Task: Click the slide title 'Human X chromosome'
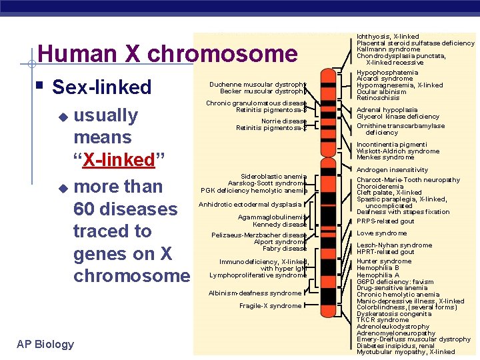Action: pyautogui.click(x=167, y=53)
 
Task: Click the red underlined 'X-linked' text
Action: pyautogui.click(x=119, y=160)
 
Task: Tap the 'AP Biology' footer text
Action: pyautogui.click(x=45, y=344)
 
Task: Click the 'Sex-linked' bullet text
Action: pyautogui.click(x=101, y=87)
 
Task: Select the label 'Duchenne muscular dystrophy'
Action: pyautogui.click(x=257, y=85)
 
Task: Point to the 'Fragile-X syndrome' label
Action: pyautogui.click(x=270, y=306)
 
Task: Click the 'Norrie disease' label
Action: pyautogui.click(x=283, y=121)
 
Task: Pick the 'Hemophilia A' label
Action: pyautogui.click(x=377, y=275)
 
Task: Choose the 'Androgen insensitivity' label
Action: pyautogui.click(x=392, y=170)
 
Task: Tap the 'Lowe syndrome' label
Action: pyautogui.click(x=381, y=233)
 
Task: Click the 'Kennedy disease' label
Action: pyautogui.click(x=279, y=225)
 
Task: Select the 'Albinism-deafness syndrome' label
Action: pyautogui.click(x=255, y=293)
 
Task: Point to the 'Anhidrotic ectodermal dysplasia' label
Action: pyautogui.click(x=250, y=205)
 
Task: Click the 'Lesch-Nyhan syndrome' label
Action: pyautogui.click(x=394, y=245)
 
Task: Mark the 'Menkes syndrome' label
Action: pyautogui.click(x=385, y=157)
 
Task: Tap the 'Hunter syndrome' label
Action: pyautogui.click(x=384, y=261)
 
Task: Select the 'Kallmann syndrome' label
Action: pyautogui.click(x=388, y=49)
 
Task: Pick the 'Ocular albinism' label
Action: pyautogui.click(x=381, y=91)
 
